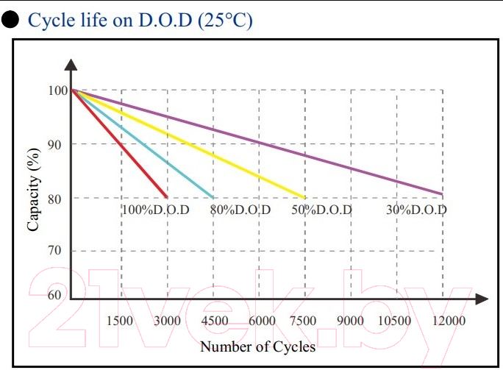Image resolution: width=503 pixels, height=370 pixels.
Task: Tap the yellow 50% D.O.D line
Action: coord(188,144)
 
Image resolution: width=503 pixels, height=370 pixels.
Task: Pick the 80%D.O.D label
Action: coord(240,210)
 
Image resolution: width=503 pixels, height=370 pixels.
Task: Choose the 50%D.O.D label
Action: coord(321,210)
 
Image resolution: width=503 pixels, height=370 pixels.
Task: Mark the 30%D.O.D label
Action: coord(417,210)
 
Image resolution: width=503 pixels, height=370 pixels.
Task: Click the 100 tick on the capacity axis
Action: coord(57,90)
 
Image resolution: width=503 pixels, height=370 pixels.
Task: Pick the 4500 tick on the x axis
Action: coord(213,321)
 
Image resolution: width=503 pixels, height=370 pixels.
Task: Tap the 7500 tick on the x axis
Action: coord(304,321)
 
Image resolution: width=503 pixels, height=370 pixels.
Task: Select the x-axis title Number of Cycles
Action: coord(257,346)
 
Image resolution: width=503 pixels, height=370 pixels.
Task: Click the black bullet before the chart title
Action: coord(9,20)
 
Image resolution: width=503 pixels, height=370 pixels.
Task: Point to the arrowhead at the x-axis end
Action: coord(482,299)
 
